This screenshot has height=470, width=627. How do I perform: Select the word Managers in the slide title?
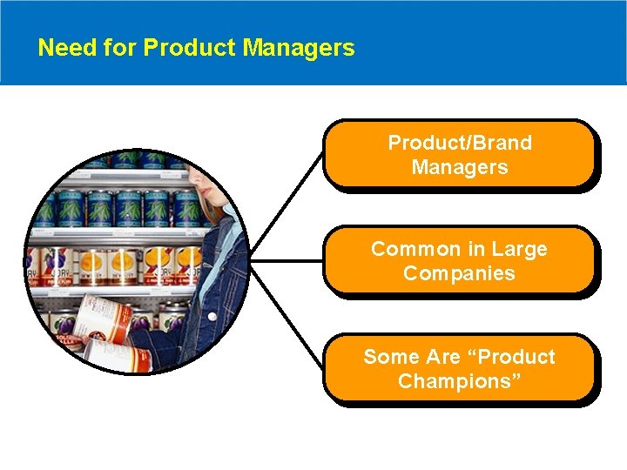point(299,47)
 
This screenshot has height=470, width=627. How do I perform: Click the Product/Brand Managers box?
point(459,154)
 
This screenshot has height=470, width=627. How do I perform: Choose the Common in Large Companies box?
point(459,260)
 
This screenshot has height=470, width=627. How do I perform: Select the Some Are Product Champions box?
point(459,368)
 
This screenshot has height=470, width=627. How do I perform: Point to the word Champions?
point(459,381)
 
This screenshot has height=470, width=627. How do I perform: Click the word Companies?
point(459,273)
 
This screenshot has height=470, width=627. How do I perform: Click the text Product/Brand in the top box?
point(459,142)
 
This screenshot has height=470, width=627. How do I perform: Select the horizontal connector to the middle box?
point(287,260)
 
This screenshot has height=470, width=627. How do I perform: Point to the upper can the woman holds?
point(102,319)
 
